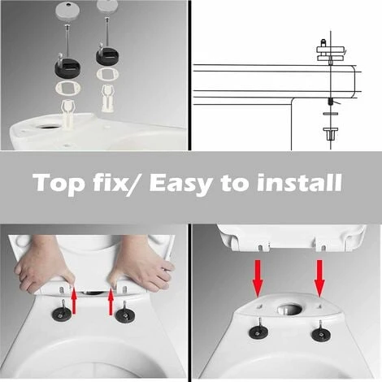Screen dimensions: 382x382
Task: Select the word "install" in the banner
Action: click(298, 183)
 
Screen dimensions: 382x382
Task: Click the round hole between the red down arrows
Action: click(288, 309)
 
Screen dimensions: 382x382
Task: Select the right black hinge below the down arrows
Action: click(320, 333)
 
